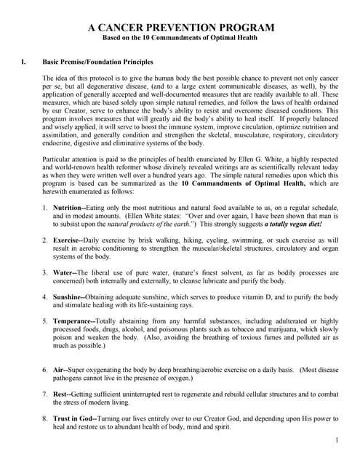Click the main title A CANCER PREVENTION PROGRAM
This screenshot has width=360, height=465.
(181, 28)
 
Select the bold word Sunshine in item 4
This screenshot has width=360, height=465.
(68, 296)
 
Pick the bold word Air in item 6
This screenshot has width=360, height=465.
(58, 369)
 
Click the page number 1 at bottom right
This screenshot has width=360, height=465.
(337, 441)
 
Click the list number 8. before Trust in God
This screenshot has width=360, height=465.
(45, 418)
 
